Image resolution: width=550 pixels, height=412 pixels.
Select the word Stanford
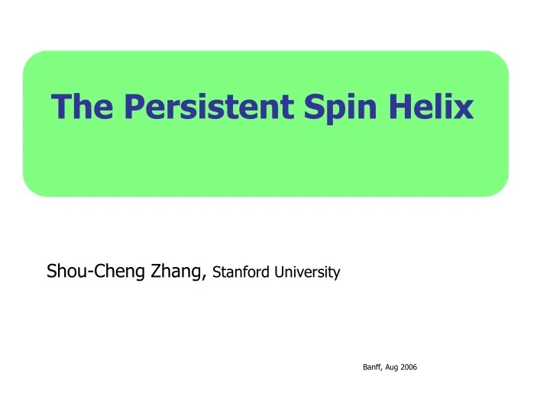tap(239, 271)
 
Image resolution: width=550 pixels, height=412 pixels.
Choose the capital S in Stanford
tap(217, 271)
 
